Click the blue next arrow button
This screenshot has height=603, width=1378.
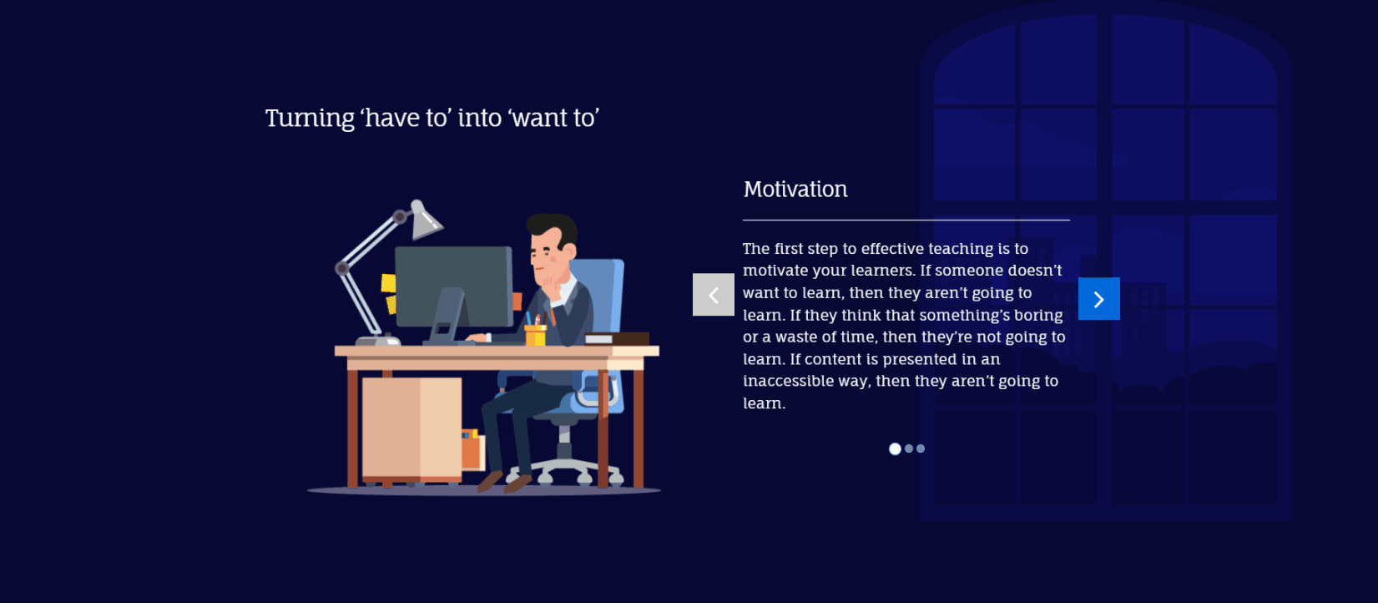pyautogui.click(x=1098, y=299)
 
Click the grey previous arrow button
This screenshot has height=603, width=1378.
pyautogui.click(x=713, y=295)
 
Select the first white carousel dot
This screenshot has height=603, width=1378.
pyautogui.click(x=895, y=449)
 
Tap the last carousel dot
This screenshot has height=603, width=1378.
pyautogui.click(x=921, y=448)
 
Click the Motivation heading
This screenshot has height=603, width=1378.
pyautogui.click(x=795, y=190)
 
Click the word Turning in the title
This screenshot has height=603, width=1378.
pyautogui.click(x=310, y=119)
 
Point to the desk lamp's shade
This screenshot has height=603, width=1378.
pyautogui.click(x=425, y=220)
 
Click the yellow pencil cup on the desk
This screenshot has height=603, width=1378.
pyautogui.click(x=535, y=336)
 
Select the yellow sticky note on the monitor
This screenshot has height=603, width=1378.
pyautogui.click(x=388, y=283)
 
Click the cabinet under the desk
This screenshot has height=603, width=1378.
pyautogui.click(x=411, y=428)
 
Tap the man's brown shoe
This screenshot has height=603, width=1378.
pyautogui.click(x=517, y=483)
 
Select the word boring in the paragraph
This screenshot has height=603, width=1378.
pyautogui.click(x=1038, y=316)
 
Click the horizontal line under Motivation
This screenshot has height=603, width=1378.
pyautogui.click(x=906, y=220)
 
